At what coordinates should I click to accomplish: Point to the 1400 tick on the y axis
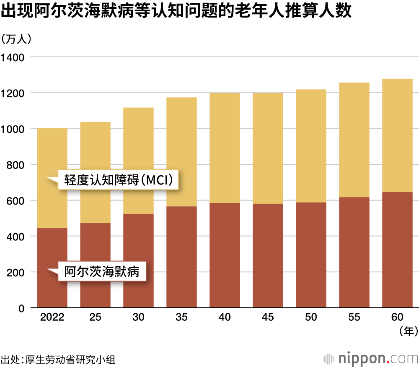coord(14,57)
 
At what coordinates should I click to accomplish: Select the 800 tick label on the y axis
coord(16,165)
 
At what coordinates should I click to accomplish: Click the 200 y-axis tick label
coord(16,273)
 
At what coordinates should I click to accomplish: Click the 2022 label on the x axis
coord(52,317)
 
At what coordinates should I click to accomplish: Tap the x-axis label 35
coord(181,317)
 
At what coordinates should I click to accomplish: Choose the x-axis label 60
coord(397,317)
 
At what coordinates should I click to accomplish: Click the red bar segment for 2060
coord(397,250)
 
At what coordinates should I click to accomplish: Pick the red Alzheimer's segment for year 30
coord(138,261)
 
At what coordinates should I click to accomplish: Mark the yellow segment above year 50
coord(311,146)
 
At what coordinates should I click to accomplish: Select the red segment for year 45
coord(268,256)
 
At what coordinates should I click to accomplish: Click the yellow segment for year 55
coord(354,140)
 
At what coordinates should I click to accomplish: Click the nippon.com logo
coord(370,358)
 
